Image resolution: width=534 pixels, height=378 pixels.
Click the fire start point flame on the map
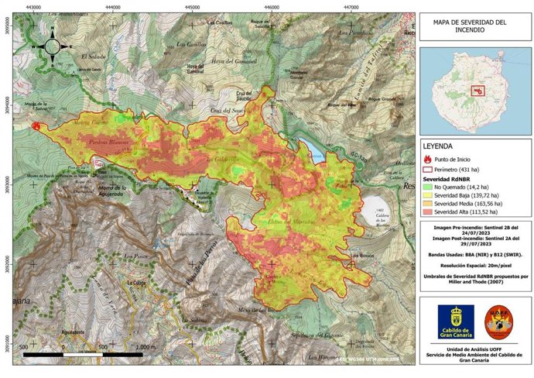click(x=35, y=125)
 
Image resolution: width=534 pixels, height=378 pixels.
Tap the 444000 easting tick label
click(x=113, y=7)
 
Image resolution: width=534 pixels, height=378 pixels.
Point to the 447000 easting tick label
click(x=351, y=7)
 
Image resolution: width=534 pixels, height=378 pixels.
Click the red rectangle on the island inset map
click(x=478, y=91)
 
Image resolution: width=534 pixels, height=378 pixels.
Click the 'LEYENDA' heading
click(x=440, y=145)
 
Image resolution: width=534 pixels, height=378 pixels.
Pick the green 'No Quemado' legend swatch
click(x=427, y=187)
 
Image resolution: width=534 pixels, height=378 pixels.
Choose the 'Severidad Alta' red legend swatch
click(x=427, y=211)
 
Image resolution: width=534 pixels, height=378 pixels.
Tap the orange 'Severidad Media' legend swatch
click(x=427, y=203)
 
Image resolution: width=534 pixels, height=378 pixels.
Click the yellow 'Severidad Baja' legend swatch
click(x=427, y=195)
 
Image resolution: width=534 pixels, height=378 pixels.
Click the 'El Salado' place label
click(x=92, y=57)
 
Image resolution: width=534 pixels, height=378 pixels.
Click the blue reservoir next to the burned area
click(x=310, y=148)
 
